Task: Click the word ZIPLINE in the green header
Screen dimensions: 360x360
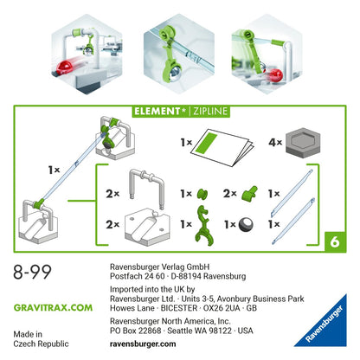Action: (210, 111)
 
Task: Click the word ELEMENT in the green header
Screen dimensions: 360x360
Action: (157, 111)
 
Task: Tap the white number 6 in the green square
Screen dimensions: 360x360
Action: (335, 242)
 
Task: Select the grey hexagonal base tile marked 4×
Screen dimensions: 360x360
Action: (303, 143)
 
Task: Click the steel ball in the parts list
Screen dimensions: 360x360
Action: (247, 224)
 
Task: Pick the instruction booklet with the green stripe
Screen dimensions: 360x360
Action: (224, 147)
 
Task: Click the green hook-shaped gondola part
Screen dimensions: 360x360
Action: (204, 226)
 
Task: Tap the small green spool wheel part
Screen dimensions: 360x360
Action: (202, 194)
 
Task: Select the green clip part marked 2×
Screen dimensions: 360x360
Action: (249, 193)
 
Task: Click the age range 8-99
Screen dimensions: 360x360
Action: (32, 272)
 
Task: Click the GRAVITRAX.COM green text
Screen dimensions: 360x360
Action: (53, 307)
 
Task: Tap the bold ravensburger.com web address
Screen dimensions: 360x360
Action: (143, 344)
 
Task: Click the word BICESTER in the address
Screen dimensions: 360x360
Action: (179, 308)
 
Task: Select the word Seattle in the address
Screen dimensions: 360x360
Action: (181, 331)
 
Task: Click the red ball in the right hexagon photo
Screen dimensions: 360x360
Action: (275, 75)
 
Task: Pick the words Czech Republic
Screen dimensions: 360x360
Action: (41, 344)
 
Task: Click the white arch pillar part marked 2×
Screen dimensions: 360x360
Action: (147, 187)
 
